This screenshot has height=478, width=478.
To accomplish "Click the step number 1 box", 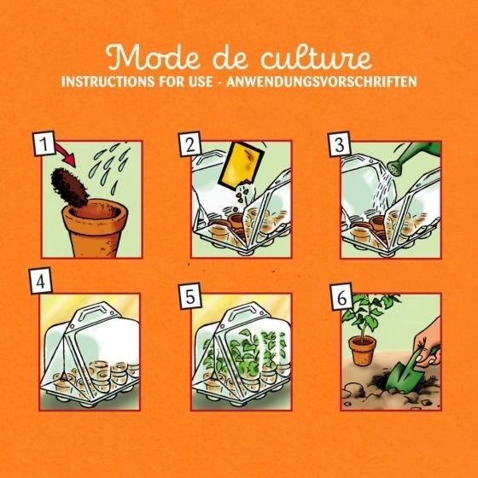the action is pyautogui.click(x=44, y=143).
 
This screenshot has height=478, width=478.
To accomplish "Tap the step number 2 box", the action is pyautogui.click(x=189, y=144).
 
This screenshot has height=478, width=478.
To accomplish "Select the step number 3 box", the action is pyautogui.click(x=340, y=144).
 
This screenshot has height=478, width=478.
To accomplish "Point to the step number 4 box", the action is pyautogui.click(x=41, y=281).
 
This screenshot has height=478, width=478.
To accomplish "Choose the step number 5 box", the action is pyautogui.click(x=189, y=296).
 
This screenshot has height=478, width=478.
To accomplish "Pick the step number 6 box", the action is pyautogui.click(x=341, y=297).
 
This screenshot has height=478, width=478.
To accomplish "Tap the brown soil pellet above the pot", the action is pyautogui.click(x=69, y=187).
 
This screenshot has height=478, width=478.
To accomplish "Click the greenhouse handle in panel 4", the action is pyautogui.click(x=95, y=312).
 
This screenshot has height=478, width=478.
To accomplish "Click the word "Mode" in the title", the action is pyautogui.click(x=153, y=56).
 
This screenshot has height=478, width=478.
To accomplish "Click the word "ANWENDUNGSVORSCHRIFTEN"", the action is pyautogui.click(x=321, y=81).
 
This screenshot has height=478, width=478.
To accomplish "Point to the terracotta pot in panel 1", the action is pyautogui.click(x=95, y=229).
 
